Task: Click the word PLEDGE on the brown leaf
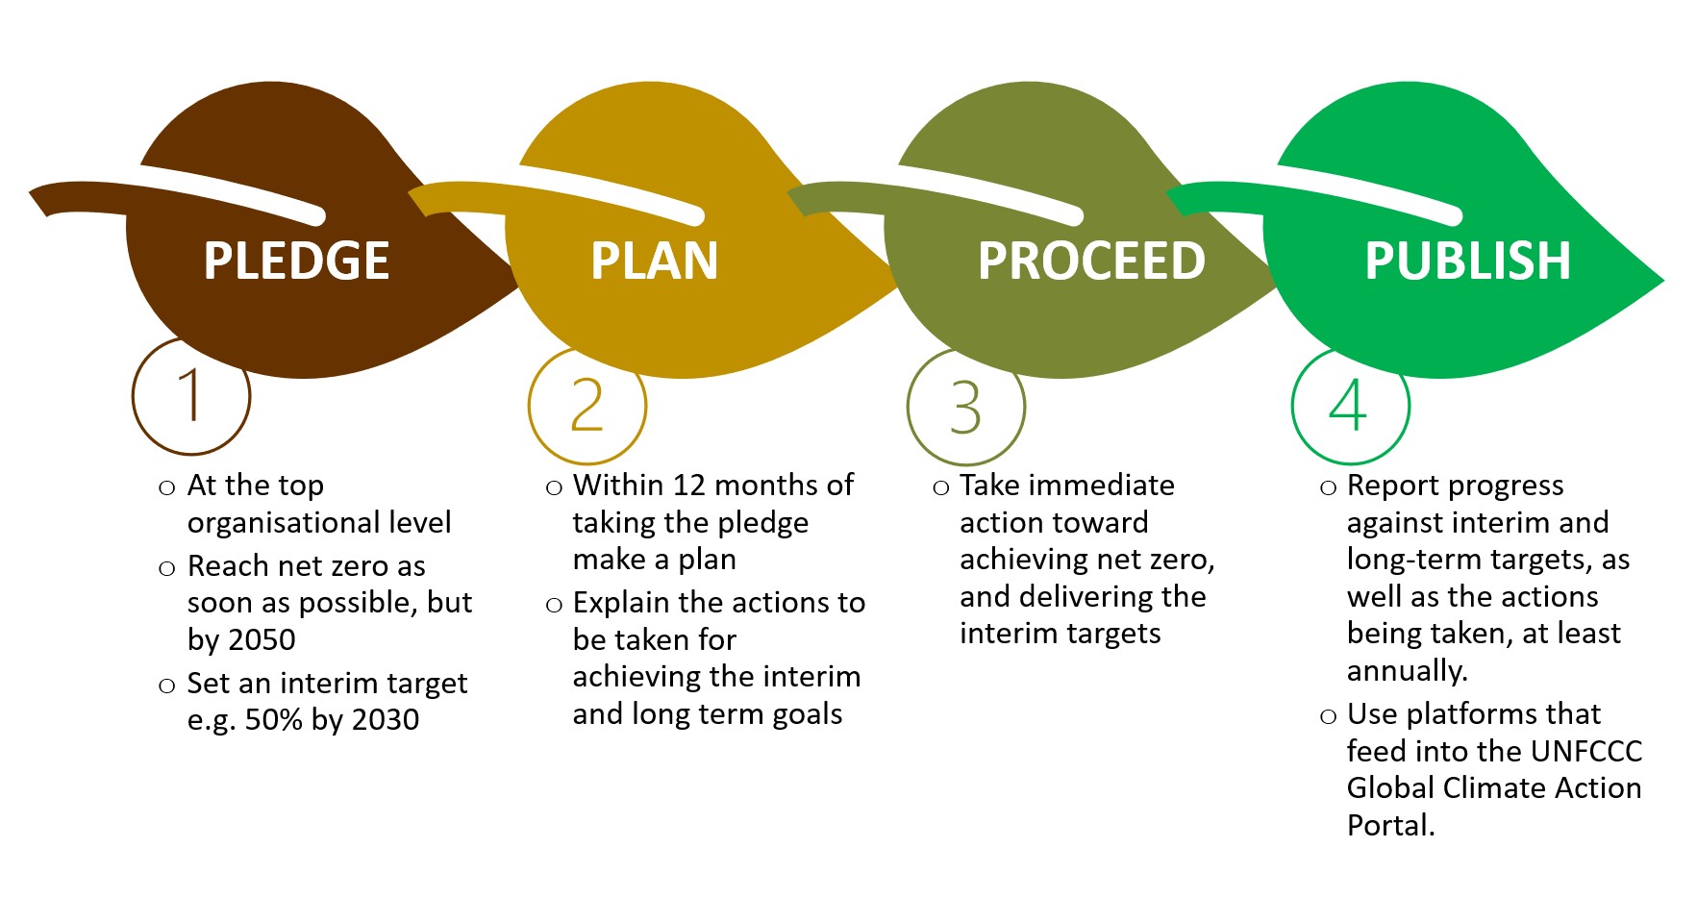click(296, 261)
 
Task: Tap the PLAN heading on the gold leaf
click(654, 261)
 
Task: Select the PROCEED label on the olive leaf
click(1091, 261)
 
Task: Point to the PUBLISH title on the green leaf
click(1467, 261)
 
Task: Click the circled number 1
click(191, 395)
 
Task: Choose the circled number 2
click(587, 405)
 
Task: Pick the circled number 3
click(966, 407)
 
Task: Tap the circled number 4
click(1349, 405)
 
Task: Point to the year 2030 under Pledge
click(385, 719)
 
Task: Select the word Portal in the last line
click(1390, 825)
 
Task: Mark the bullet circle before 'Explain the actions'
click(554, 605)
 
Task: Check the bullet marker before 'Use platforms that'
click(1328, 716)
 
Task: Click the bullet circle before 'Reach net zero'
click(167, 568)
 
